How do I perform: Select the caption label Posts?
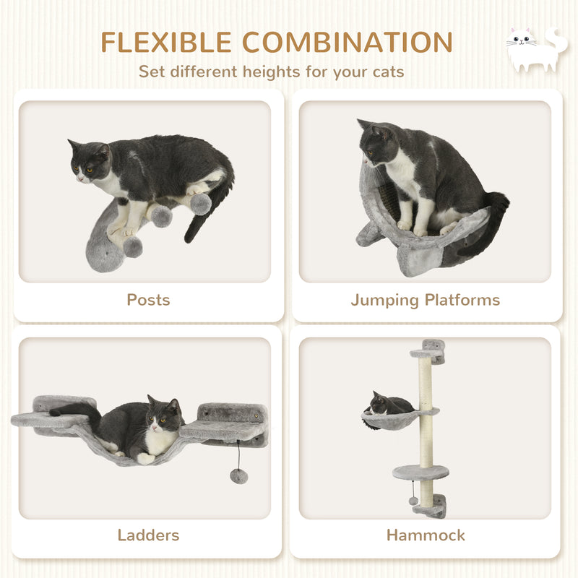pyautogui.click(x=148, y=299)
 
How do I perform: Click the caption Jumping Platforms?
pyautogui.click(x=426, y=299)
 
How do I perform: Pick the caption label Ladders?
pyautogui.click(x=148, y=535)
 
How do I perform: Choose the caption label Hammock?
pyautogui.click(x=426, y=535)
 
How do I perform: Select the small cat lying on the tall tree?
pyautogui.click(x=387, y=405)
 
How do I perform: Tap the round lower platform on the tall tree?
pyautogui.click(x=420, y=473)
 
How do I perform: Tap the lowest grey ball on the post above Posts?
pyautogui.click(x=131, y=246)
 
